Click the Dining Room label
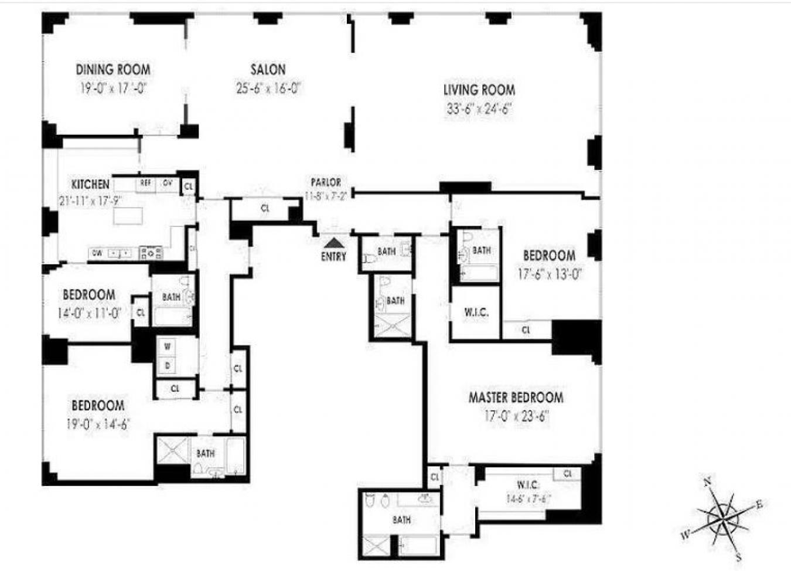pyautogui.click(x=113, y=70)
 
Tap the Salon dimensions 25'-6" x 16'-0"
pyautogui.click(x=268, y=89)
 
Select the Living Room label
pyautogui.click(x=479, y=90)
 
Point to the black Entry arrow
pyautogui.click(x=334, y=242)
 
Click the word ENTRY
pyautogui.click(x=334, y=256)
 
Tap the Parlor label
pyautogui.click(x=326, y=182)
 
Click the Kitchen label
pyautogui.click(x=90, y=184)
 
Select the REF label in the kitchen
pyautogui.click(x=145, y=183)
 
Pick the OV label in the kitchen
pyautogui.click(x=167, y=183)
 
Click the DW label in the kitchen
pyautogui.click(x=97, y=253)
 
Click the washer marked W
pyautogui.click(x=168, y=347)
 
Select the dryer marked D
pyautogui.click(x=168, y=365)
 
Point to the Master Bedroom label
pyautogui.click(x=516, y=397)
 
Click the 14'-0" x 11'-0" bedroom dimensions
pyautogui.click(x=89, y=313)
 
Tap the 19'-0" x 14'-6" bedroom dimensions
pyautogui.click(x=97, y=424)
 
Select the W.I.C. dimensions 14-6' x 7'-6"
pyautogui.click(x=528, y=499)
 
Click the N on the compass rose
pyautogui.click(x=708, y=482)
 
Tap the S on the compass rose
pyautogui.click(x=739, y=557)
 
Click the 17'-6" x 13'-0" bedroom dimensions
pyautogui.click(x=549, y=274)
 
